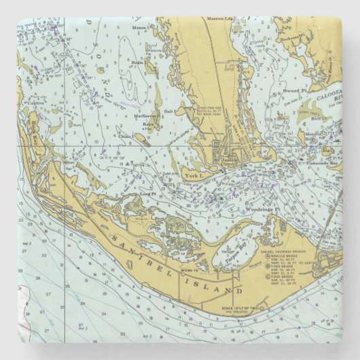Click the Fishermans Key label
tap(321, 164)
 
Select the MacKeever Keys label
tap(147, 120)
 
